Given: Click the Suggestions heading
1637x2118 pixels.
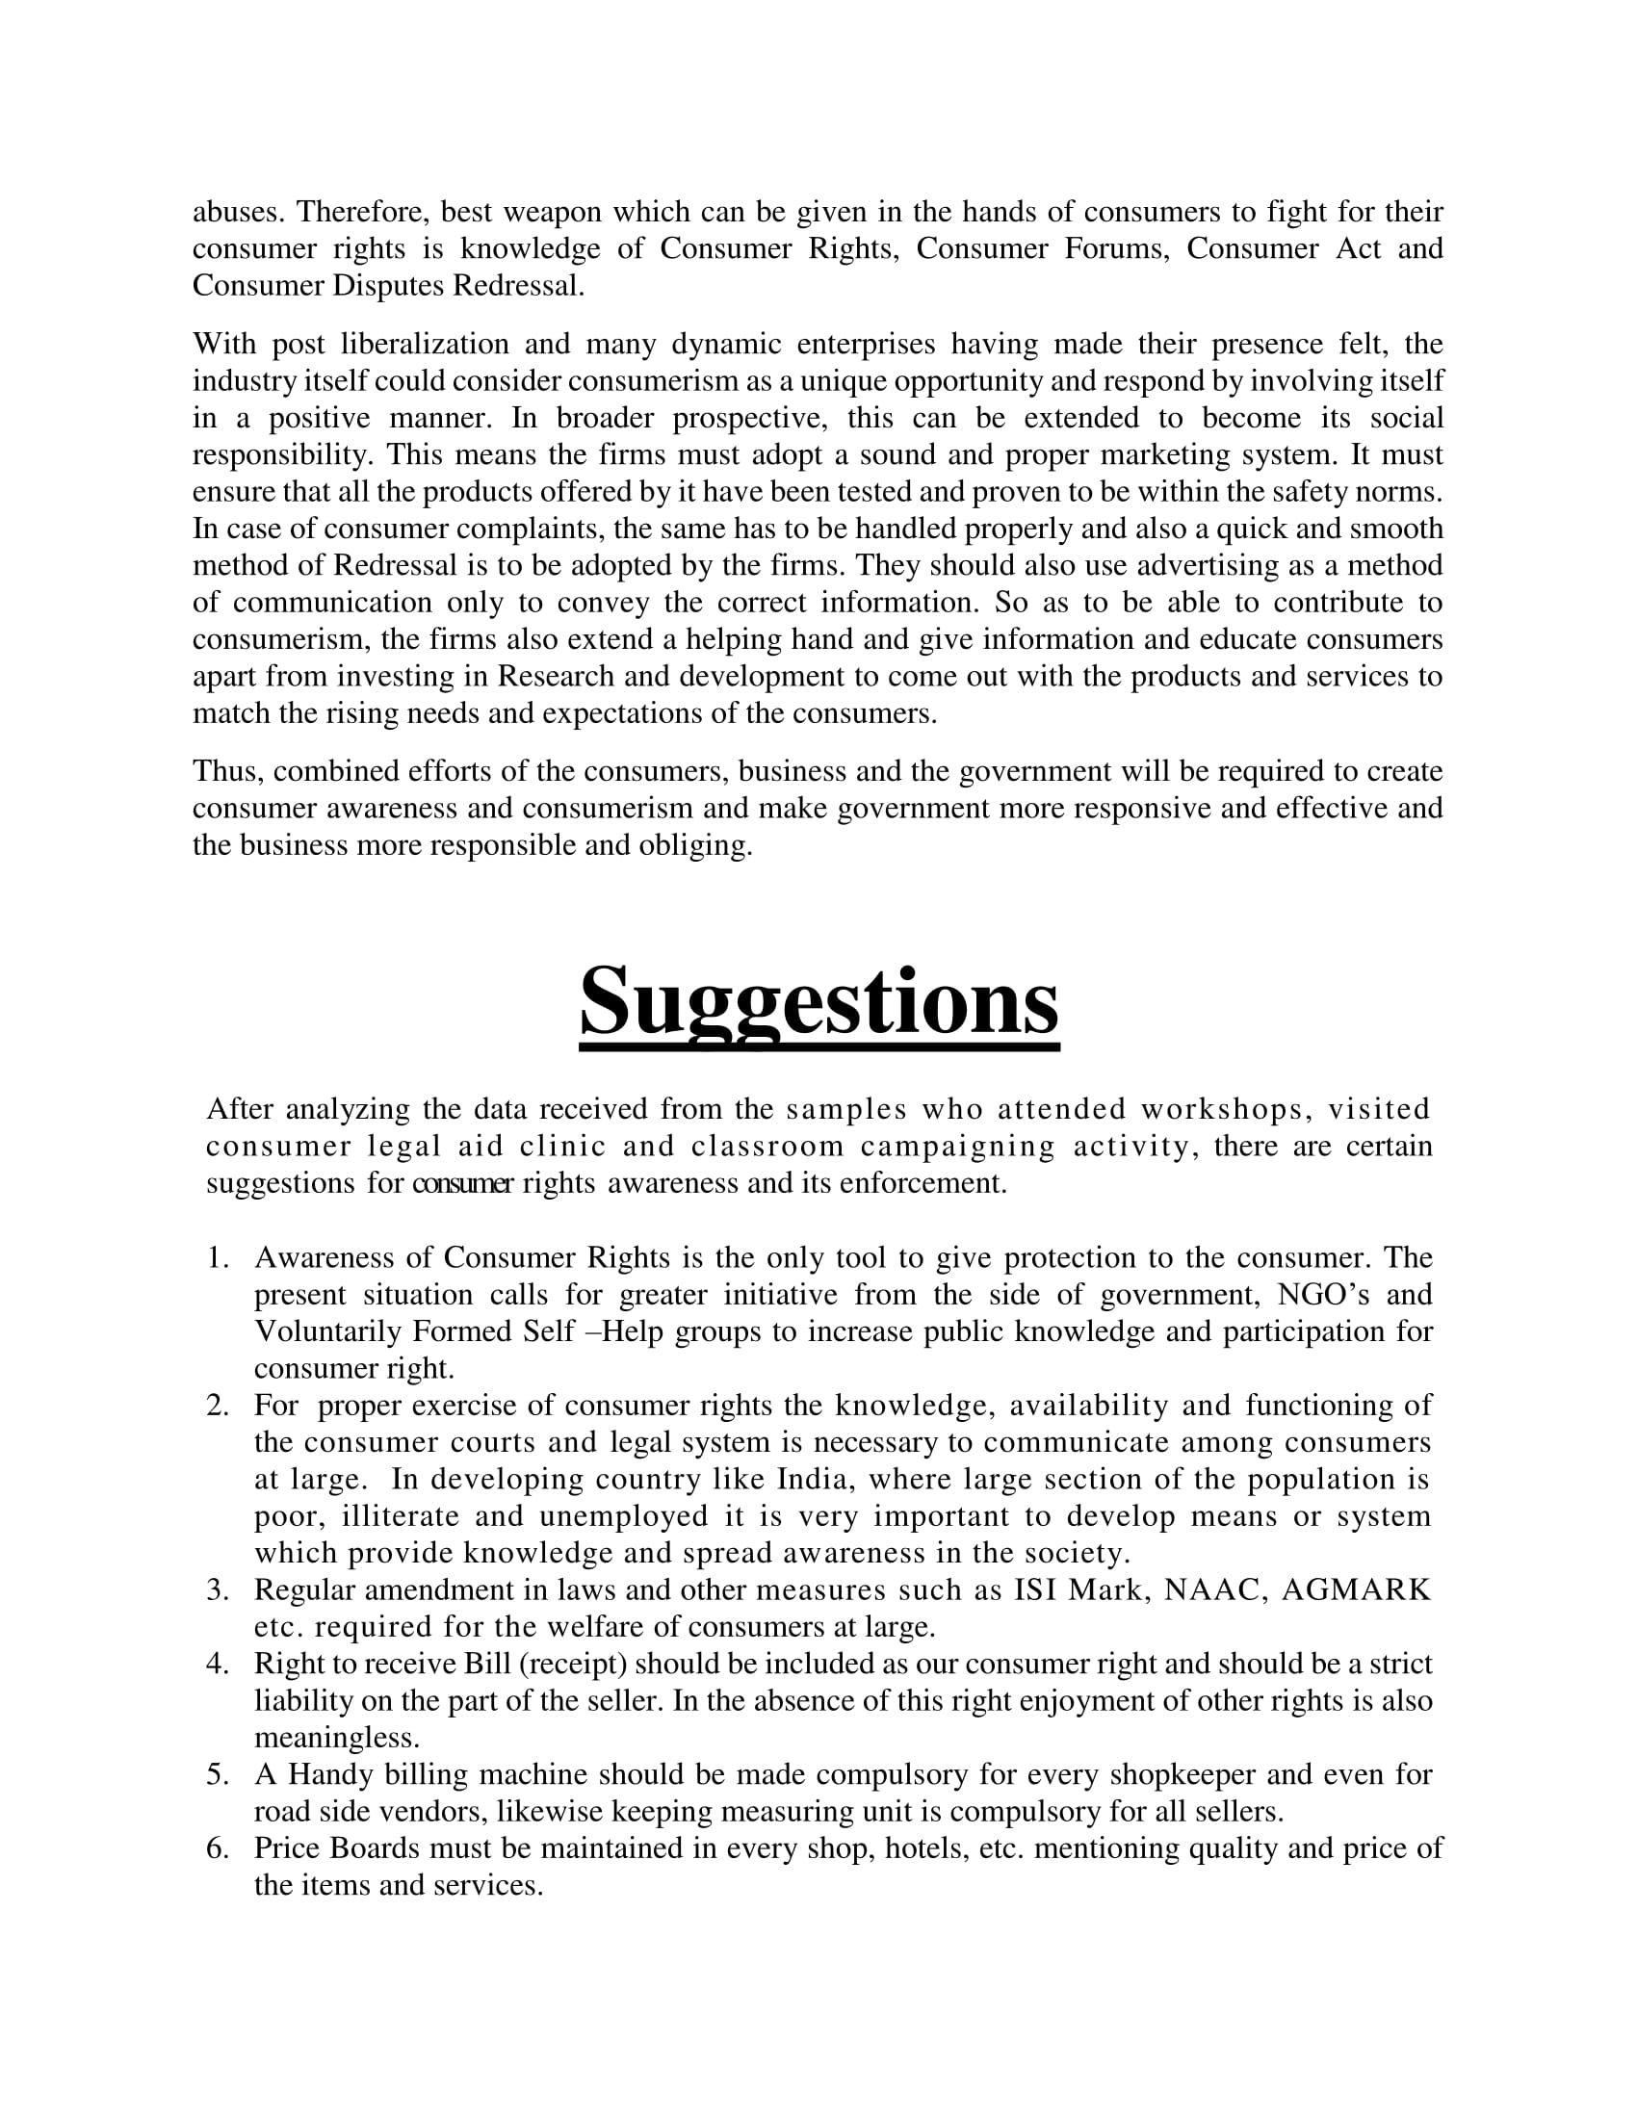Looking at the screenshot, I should pyautogui.click(x=818, y=1003).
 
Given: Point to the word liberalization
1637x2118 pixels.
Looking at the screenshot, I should pyautogui.click(x=425, y=344).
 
